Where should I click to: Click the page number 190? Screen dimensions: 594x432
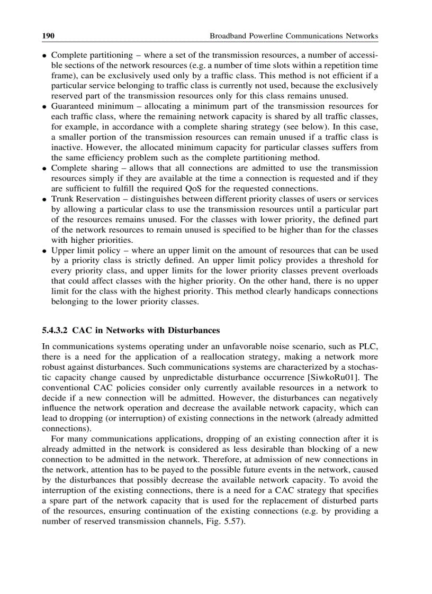(49, 36)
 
